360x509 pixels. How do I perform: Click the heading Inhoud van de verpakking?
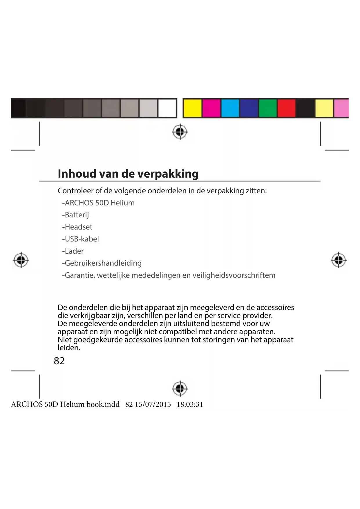point(128,174)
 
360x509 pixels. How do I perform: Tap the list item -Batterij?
point(75,215)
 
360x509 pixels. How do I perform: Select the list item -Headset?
point(77,227)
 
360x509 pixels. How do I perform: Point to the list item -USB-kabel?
point(80,239)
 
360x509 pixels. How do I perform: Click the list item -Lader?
point(73,251)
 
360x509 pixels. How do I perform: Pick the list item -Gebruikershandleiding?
point(102,263)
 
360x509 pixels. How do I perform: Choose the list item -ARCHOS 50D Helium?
point(98,203)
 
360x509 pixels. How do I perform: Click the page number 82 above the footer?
point(59,361)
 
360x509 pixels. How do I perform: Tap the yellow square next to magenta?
point(192,108)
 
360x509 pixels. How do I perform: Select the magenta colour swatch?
point(211,108)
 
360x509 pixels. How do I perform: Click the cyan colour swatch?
point(230,108)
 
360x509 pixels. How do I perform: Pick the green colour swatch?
point(268,108)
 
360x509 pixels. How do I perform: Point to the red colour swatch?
point(287,108)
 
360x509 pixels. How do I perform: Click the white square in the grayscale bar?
point(167,108)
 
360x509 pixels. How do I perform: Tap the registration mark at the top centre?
point(180,132)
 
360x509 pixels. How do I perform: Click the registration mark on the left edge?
point(21,260)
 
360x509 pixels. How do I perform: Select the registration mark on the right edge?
point(339,260)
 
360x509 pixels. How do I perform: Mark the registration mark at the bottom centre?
point(180,388)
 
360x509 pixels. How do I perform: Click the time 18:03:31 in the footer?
point(190,405)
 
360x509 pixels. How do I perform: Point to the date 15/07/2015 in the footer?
point(153,405)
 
